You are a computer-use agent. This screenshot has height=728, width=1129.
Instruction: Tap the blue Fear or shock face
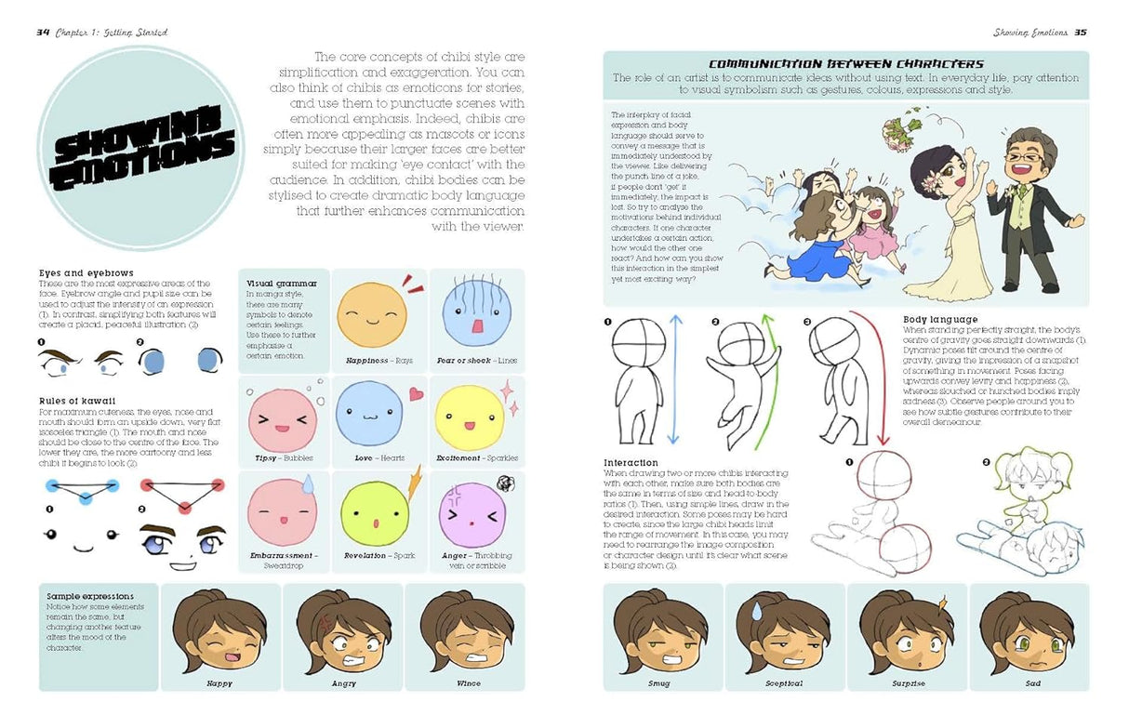pyautogui.click(x=471, y=313)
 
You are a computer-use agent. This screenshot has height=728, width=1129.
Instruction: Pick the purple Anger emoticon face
pyautogui.click(x=472, y=514)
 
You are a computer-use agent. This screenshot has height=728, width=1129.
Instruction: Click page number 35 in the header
pyautogui.click(x=1081, y=32)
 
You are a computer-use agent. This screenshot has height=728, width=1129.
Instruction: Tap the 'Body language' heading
pyautogui.click(x=940, y=320)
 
